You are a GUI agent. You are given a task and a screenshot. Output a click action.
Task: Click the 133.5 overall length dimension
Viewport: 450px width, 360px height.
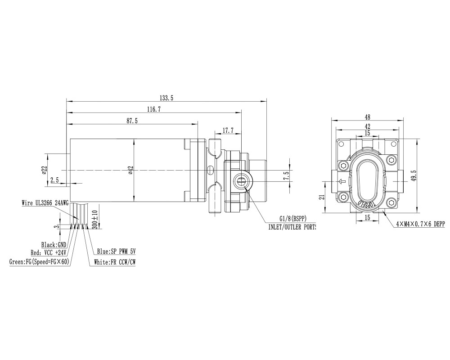(166, 98)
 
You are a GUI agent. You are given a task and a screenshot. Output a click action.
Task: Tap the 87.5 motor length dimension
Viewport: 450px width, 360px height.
(132, 121)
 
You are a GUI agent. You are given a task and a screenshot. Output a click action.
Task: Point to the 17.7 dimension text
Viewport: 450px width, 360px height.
(228, 131)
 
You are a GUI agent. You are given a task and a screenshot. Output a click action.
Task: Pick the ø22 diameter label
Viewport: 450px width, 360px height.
(44, 170)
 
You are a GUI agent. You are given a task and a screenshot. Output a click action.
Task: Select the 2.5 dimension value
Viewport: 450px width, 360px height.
(54, 180)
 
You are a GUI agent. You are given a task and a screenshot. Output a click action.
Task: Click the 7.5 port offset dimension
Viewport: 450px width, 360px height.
(285, 175)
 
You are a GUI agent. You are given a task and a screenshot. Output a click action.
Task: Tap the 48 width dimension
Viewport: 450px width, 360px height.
(367, 117)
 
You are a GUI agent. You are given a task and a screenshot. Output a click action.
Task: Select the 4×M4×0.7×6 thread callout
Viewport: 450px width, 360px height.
(420, 224)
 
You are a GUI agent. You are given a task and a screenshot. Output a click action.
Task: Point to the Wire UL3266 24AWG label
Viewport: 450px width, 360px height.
(45, 203)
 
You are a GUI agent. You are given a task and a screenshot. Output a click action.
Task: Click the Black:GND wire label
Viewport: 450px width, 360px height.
(54, 245)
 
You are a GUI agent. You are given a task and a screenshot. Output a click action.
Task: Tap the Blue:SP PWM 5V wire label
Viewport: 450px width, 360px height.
(116, 252)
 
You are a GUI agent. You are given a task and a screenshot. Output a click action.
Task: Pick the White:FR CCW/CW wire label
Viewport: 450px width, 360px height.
(114, 261)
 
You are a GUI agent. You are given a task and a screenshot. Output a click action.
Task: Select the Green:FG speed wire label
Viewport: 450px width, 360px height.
(39, 261)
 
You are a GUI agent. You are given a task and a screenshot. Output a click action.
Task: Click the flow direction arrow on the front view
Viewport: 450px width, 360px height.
(342, 182)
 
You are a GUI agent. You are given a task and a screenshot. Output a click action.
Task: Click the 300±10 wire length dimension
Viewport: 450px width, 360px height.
(94, 220)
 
